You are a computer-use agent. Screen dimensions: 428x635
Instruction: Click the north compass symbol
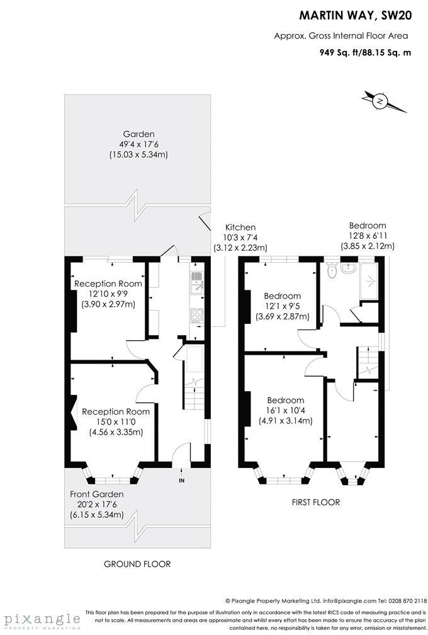click(380, 101)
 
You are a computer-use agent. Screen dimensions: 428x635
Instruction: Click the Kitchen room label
click(241, 227)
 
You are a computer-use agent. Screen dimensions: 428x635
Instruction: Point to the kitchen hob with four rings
click(196, 315)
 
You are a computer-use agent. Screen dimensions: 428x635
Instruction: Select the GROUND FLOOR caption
click(137, 564)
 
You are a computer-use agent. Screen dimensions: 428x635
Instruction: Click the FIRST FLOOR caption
click(316, 502)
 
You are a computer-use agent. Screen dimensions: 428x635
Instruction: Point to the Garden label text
click(139, 134)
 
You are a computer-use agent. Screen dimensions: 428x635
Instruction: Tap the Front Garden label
click(97, 495)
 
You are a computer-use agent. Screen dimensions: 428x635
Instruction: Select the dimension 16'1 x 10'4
click(285, 411)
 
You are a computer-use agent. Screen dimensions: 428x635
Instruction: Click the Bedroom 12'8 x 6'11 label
click(368, 226)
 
